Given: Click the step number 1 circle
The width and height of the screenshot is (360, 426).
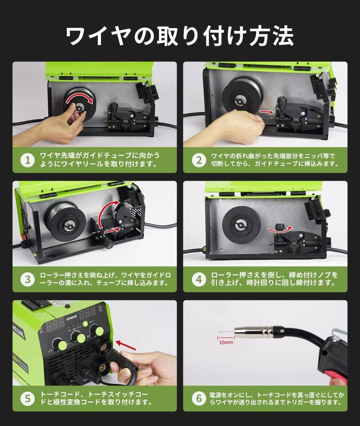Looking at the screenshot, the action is [27, 160].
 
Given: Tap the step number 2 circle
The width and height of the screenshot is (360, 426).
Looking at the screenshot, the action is [198, 160].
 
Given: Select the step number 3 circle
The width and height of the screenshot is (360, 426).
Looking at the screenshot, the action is [27, 279].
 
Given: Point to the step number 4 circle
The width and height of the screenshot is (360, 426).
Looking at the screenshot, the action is [198, 279].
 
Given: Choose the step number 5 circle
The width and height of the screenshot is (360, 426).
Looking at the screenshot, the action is [27, 399].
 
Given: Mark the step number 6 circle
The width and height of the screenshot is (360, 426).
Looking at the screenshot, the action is [198, 399].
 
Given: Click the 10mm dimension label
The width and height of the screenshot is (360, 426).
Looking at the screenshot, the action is [226, 342].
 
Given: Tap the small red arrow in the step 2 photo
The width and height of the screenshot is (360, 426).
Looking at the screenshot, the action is [267, 112].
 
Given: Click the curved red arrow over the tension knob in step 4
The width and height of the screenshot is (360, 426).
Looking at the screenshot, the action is [280, 229].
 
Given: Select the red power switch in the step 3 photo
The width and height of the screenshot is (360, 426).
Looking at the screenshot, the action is [23, 237].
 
